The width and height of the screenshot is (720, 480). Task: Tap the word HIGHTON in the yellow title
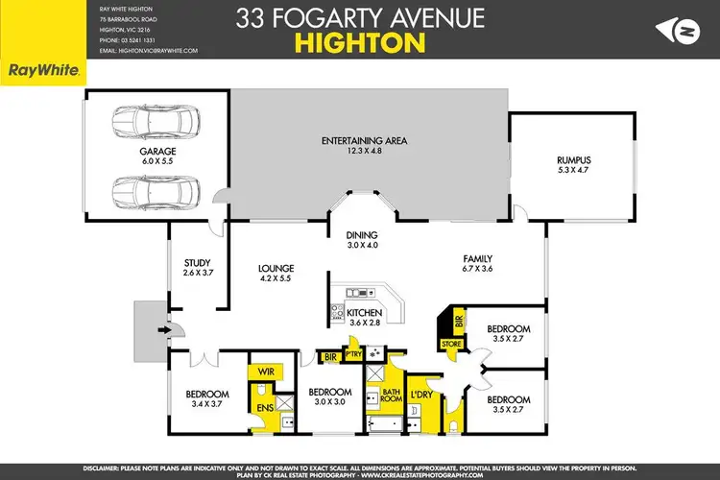(360, 42)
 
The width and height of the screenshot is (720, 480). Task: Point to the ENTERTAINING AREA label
(364, 141)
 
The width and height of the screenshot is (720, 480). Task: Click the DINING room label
(363, 235)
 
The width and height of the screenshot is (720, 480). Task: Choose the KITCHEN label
(365, 313)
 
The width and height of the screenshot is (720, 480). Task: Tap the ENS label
(263, 408)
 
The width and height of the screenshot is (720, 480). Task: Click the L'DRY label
(420, 396)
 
